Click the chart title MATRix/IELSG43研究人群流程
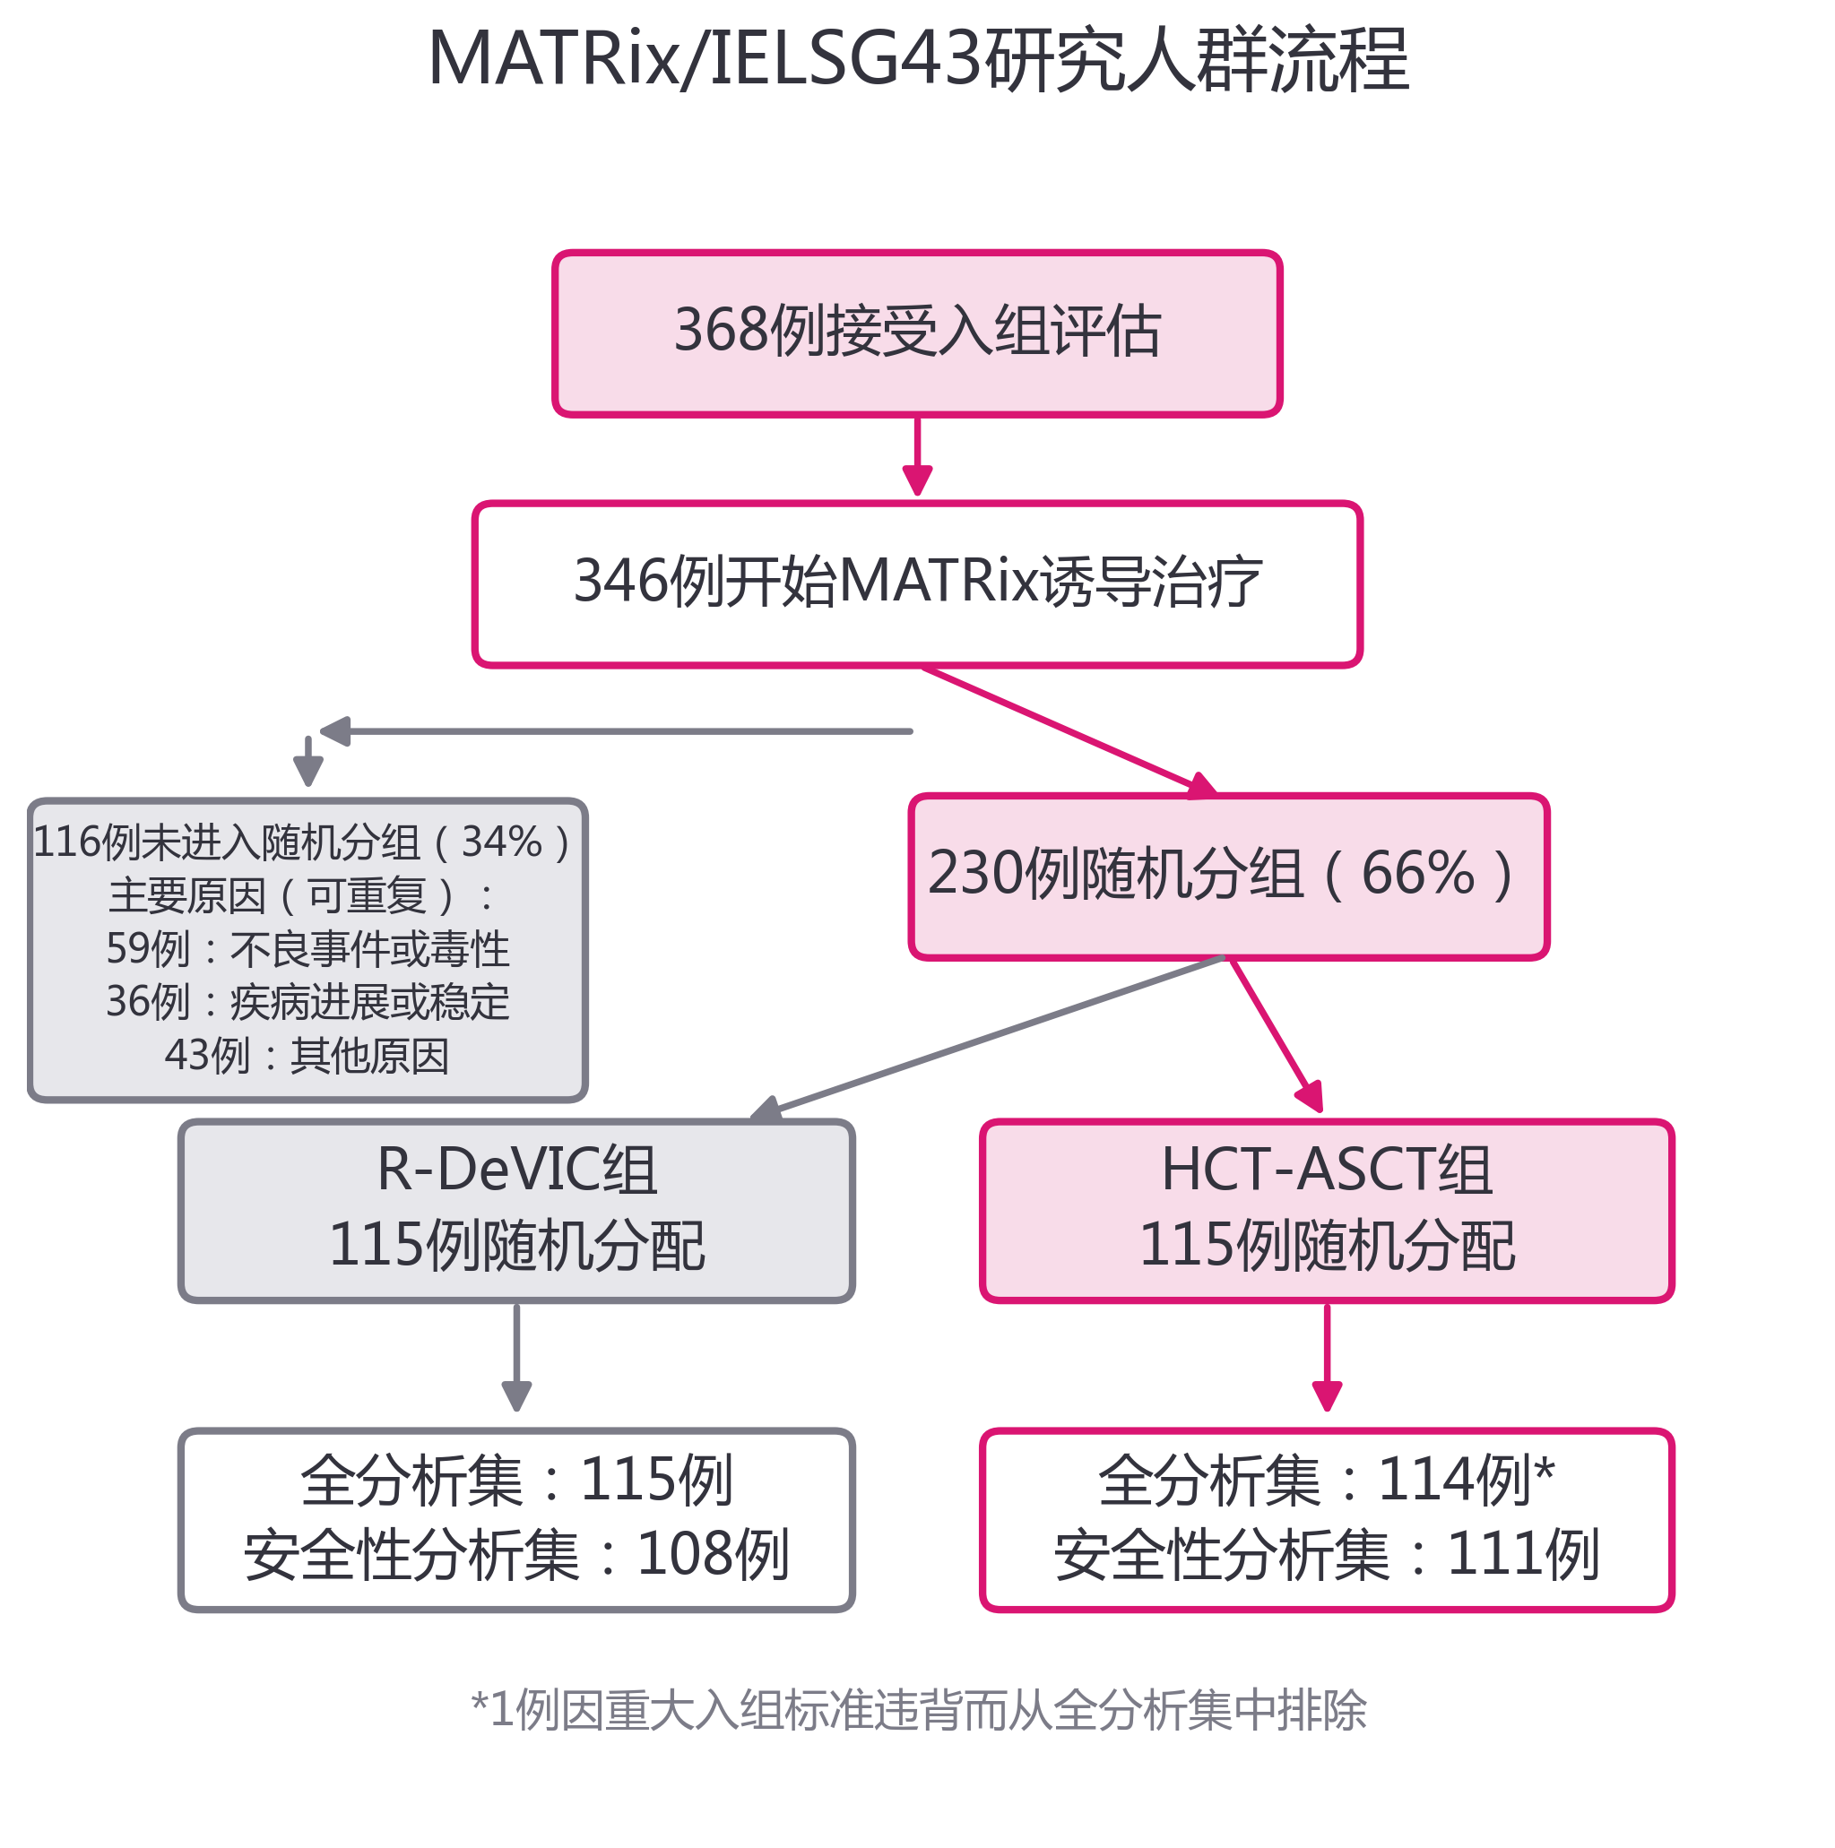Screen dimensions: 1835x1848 click(x=918, y=59)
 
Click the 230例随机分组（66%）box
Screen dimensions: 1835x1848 click(x=1228, y=877)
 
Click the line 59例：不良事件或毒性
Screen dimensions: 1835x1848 click(x=307, y=949)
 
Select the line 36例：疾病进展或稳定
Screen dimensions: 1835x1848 click(x=307, y=1001)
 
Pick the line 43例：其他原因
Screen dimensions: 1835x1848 click(x=307, y=1055)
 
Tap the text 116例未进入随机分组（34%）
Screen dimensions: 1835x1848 click(x=302, y=842)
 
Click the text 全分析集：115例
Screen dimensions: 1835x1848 click(x=516, y=1480)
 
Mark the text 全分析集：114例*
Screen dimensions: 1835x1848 click(x=1326, y=1480)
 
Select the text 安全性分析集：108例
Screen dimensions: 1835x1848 click(x=516, y=1554)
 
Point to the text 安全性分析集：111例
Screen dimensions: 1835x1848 click(x=1326, y=1554)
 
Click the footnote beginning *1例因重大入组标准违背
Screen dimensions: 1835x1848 click(x=919, y=1710)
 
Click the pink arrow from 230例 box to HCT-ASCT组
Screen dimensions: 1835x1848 click(x=1276, y=1035)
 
